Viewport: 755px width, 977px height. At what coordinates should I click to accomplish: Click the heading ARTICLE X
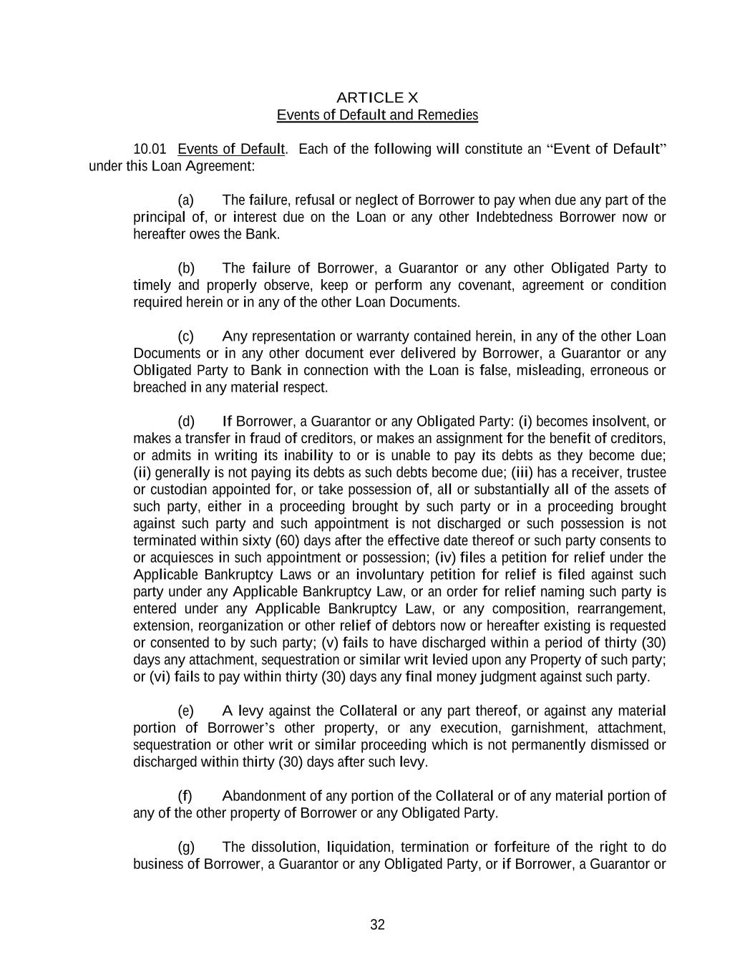point(377,97)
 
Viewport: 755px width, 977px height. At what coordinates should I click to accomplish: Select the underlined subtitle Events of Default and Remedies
point(377,115)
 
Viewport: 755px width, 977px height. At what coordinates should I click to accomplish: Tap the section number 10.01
point(150,149)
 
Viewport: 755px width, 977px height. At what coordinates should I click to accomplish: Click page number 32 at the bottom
point(377,925)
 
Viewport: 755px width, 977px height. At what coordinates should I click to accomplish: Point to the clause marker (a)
point(185,200)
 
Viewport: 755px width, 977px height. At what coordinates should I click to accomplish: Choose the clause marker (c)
point(185,336)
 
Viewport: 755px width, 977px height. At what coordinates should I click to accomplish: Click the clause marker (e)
point(185,711)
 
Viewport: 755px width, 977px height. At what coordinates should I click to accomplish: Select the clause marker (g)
point(185,847)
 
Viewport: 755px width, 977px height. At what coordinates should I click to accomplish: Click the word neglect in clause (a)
point(377,200)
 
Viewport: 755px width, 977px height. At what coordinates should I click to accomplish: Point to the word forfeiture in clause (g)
point(517,847)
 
